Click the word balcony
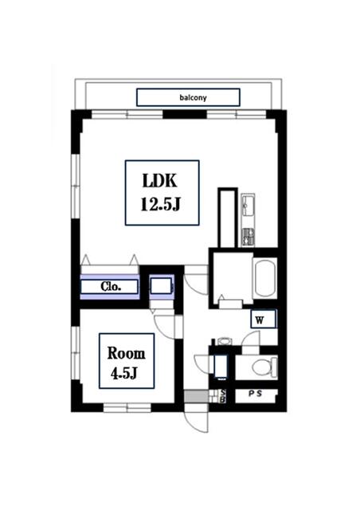tap(193, 97)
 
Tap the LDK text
tap(159, 181)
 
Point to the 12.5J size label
tap(160, 205)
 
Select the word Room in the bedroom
tap(126, 353)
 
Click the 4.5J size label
tap(124, 373)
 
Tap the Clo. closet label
tap(111, 287)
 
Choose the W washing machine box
tap(264, 319)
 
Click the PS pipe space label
tap(256, 394)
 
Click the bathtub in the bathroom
tap(264, 279)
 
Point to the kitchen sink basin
tap(248, 205)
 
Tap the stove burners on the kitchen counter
tap(248, 237)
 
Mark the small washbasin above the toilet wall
tap(224, 341)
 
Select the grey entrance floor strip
tap(196, 397)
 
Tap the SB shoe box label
tap(223, 396)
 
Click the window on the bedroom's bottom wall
tap(127, 407)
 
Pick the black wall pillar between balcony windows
tap(185, 115)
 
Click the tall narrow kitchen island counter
tap(227, 218)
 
